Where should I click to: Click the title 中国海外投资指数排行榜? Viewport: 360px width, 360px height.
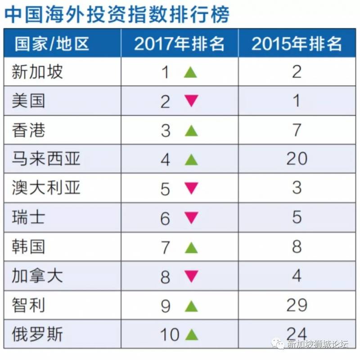pos(117,14)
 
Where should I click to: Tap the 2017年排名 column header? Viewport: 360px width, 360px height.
pos(180,44)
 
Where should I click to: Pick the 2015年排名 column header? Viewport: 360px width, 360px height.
pos(297,44)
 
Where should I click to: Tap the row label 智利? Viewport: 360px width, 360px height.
pos(29,306)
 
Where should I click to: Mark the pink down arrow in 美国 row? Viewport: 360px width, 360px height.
pos(191,101)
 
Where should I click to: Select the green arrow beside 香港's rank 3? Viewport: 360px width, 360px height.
pos(191,130)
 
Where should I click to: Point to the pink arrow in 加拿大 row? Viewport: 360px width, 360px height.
pos(191,276)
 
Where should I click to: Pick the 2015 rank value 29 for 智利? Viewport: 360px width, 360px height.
pos(297,306)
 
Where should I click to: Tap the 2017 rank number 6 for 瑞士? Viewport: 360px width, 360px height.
pos(165,218)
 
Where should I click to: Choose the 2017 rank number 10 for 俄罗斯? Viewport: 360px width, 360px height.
pos(170,335)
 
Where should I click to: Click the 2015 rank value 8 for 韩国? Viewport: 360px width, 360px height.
pos(297,247)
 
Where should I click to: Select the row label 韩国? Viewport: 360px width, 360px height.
pos(29,247)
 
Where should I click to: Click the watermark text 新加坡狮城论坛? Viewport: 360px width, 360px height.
pos(317,345)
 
